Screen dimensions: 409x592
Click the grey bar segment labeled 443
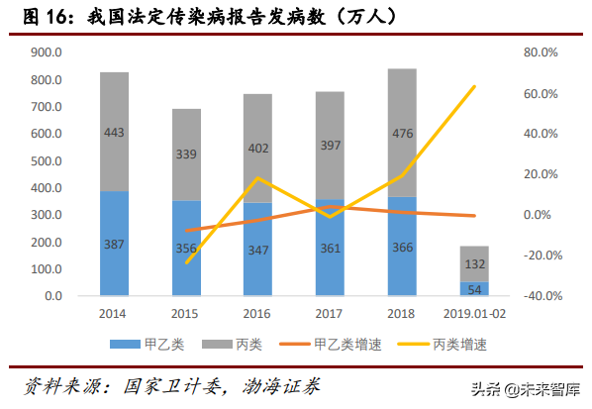114,131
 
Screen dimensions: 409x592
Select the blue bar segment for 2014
114,243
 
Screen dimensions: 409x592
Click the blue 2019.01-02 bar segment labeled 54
474,288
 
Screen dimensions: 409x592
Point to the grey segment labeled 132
474,263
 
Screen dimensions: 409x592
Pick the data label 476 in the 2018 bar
402,133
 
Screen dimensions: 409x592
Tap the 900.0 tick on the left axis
47,52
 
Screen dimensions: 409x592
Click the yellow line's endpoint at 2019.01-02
474,86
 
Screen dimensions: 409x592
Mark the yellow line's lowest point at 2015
186,262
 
